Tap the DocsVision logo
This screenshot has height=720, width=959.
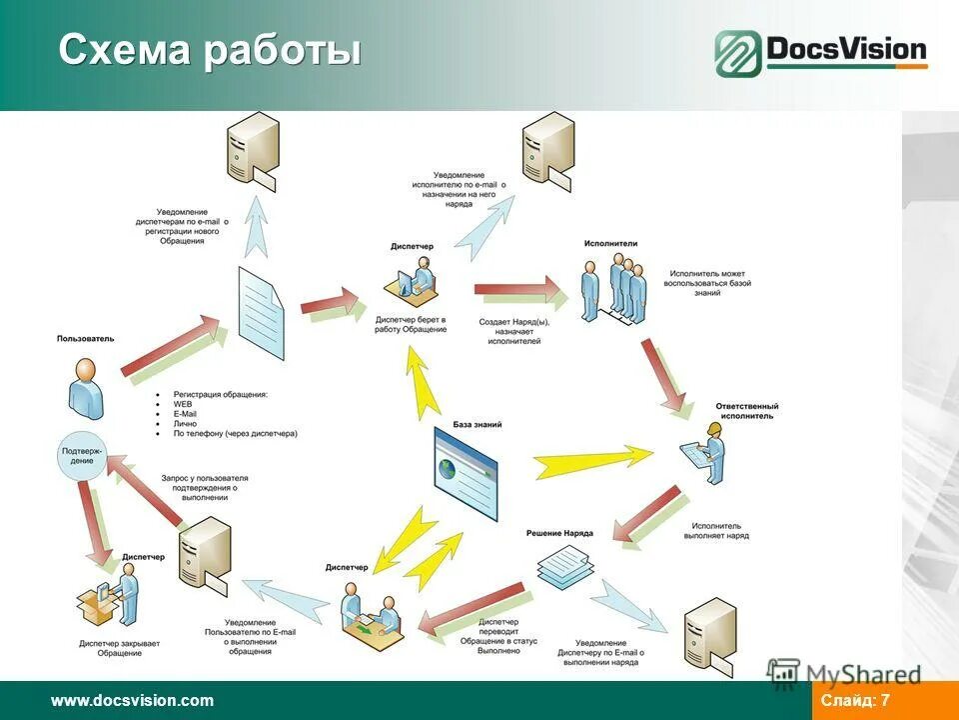820,53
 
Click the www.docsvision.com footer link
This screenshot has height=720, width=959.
132,700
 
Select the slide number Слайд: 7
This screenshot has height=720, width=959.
855,700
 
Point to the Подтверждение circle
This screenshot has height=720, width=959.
82,454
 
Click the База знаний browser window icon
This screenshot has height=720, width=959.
465,472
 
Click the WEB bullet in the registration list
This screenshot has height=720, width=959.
182,404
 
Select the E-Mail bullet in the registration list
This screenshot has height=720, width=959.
186,414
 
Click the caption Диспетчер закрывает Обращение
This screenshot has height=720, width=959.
120,648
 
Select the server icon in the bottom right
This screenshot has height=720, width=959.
710,636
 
